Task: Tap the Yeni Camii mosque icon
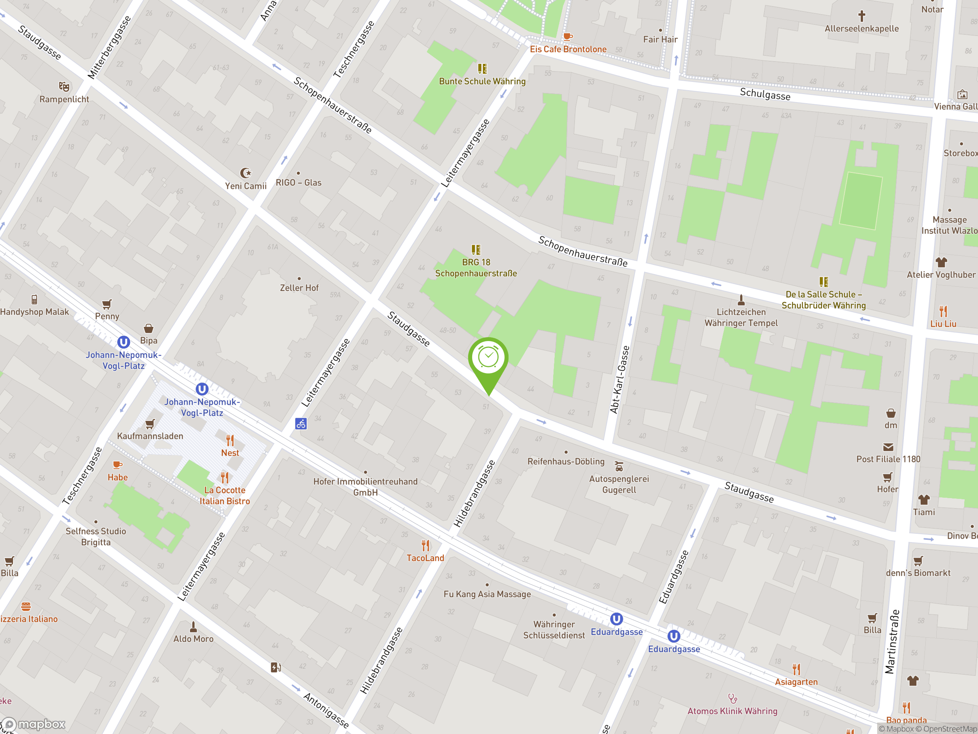pos(245,172)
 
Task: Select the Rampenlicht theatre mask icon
pos(64,86)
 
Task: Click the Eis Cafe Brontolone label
pos(568,49)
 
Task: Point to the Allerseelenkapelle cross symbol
pos(861,16)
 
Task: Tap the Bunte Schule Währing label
pos(482,81)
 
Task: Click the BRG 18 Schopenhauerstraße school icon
pos(476,250)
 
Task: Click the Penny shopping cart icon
pos(107,304)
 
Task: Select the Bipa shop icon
pos(149,328)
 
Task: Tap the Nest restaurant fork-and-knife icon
pos(230,440)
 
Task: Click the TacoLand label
pos(425,558)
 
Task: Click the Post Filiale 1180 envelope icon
pos(888,447)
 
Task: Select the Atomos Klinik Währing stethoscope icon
pos(733,698)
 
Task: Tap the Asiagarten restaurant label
pos(796,682)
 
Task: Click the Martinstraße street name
pos(892,641)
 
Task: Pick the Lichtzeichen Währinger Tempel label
pos(741,318)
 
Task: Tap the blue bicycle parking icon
pos(301,424)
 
